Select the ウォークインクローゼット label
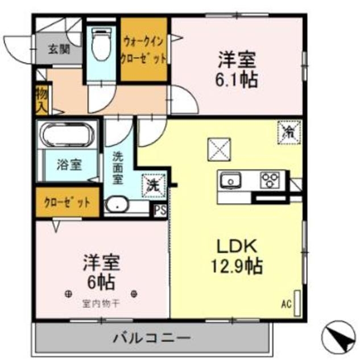click(x=144, y=50)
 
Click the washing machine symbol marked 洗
click(x=152, y=184)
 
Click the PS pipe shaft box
click(x=160, y=209)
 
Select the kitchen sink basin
click(x=231, y=181)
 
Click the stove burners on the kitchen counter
click(x=269, y=180)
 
